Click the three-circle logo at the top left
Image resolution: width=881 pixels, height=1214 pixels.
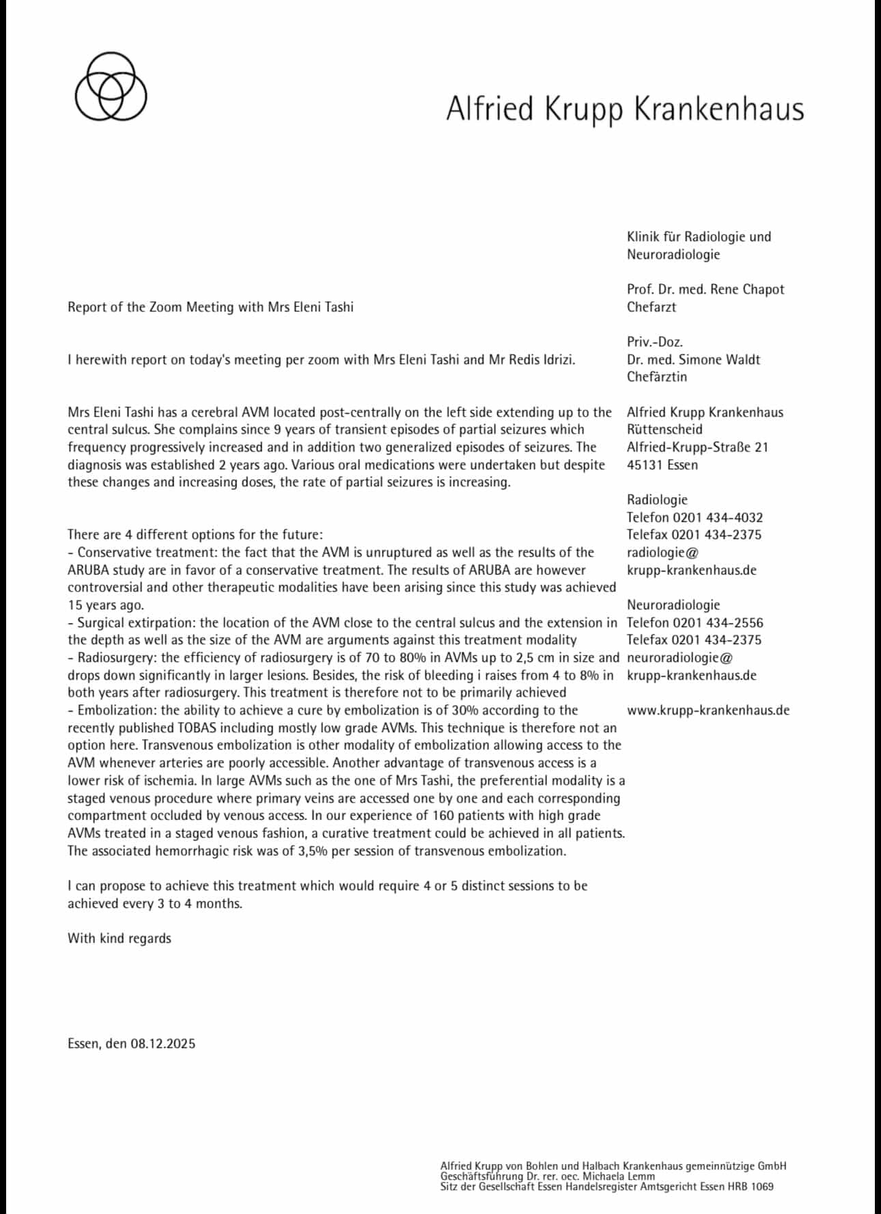point(111,87)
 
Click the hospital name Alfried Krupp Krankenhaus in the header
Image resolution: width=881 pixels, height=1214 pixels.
point(625,109)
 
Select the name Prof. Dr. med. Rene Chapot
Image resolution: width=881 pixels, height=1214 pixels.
point(705,289)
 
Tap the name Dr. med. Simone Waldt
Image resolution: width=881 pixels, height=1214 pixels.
point(693,359)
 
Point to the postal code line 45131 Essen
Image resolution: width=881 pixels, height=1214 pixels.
point(662,465)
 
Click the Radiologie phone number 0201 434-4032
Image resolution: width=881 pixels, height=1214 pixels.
point(717,517)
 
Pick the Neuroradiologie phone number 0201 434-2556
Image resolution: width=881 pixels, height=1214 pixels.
point(718,622)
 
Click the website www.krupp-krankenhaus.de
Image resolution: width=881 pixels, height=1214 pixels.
point(708,710)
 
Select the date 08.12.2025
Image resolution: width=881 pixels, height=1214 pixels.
point(163,1043)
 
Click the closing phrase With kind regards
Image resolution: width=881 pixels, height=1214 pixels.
point(120,938)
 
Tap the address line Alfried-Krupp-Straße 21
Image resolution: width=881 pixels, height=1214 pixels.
point(697,447)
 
